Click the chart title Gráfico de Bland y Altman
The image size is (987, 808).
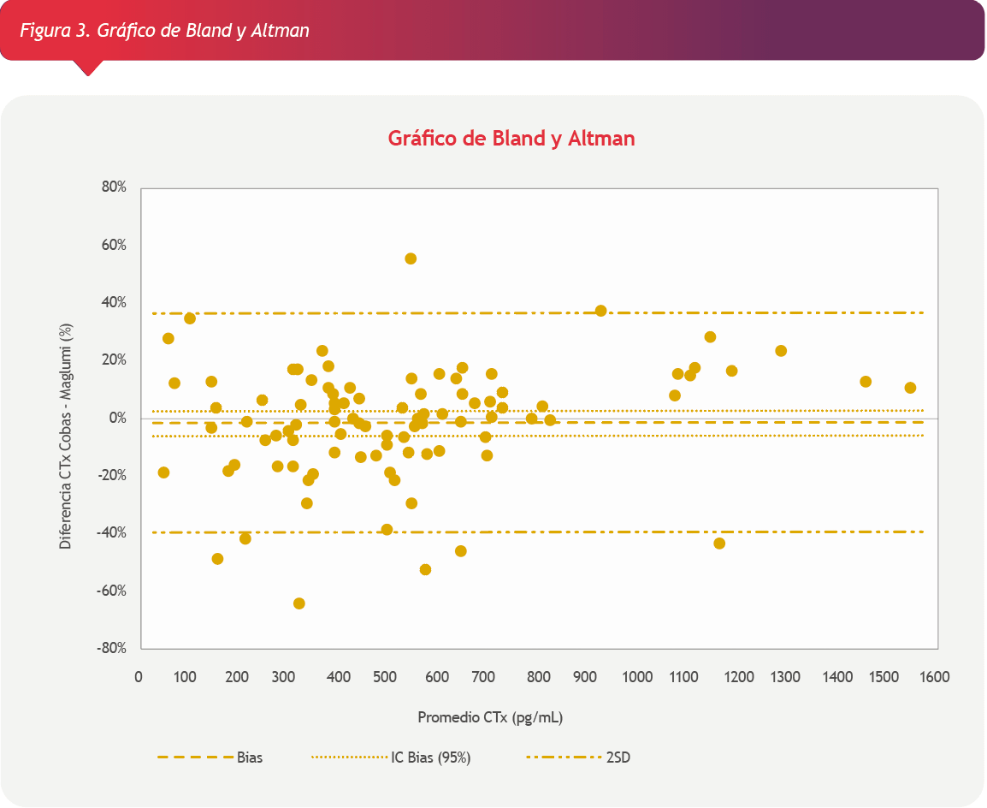pyautogui.click(x=511, y=138)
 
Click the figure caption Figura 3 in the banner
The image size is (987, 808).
pyautogui.click(x=164, y=31)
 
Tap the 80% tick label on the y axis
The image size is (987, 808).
pyautogui.click(x=114, y=187)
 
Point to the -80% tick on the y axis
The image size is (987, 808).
pyautogui.click(x=112, y=648)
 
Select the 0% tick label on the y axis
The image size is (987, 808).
pyautogui.click(x=117, y=418)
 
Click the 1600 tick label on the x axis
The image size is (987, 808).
pyautogui.click(x=935, y=677)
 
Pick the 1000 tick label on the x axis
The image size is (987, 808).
pyautogui.click(x=636, y=677)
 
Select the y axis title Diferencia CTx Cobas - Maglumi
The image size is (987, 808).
pyautogui.click(x=65, y=418)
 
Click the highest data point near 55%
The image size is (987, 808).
pyautogui.click(x=411, y=258)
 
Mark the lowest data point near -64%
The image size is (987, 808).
pyautogui.click(x=299, y=603)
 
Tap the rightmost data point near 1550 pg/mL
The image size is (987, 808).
pyautogui.click(x=910, y=388)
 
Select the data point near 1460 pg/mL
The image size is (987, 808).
pyautogui.click(x=866, y=382)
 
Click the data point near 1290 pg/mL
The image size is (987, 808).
pyautogui.click(x=781, y=351)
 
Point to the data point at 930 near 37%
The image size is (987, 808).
pyautogui.click(x=601, y=311)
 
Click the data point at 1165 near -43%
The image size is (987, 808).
pyautogui.click(x=719, y=544)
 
